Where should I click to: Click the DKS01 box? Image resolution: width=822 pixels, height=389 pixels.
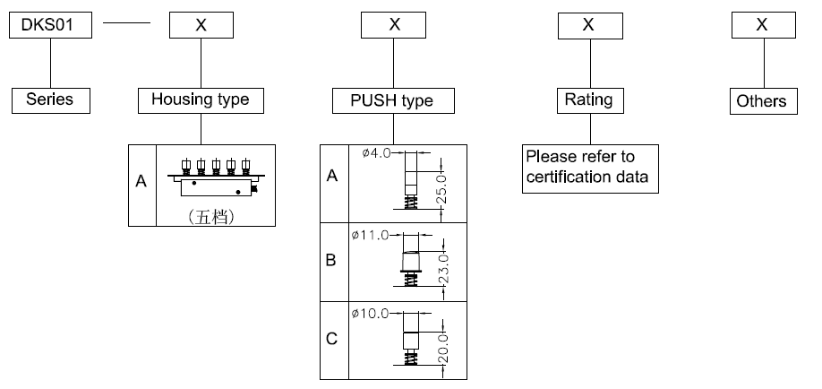(x=51, y=26)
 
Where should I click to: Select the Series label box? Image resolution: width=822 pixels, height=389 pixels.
(x=50, y=100)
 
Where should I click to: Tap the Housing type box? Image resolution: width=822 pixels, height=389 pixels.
(x=201, y=100)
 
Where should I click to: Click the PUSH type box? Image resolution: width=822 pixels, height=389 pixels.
(x=394, y=100)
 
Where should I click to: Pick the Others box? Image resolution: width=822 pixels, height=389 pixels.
(x=761, y=101)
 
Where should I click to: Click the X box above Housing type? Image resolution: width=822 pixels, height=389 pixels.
(x=201, y=26)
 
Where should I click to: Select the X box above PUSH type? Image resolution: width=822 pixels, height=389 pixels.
(x=394, y=26)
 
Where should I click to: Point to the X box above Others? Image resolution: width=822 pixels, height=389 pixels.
(x=761, y=26)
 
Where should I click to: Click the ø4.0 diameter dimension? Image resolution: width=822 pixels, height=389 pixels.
(x=376, y=153)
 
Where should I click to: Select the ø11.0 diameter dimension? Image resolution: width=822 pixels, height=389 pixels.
(x=373, y=235)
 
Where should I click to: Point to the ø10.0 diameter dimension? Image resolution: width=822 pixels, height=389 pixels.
(x=373, y=314)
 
